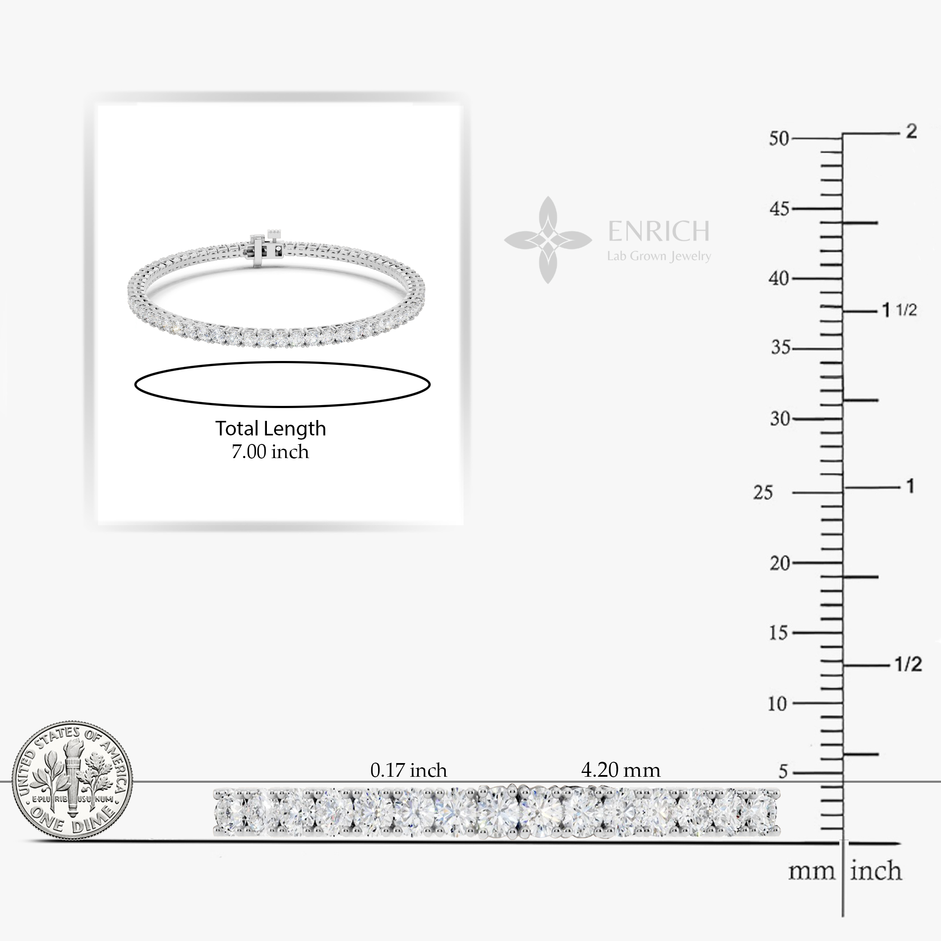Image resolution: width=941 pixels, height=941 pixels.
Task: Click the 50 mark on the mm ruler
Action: click(x=779, y=139)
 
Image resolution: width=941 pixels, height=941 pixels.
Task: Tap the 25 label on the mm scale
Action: click(x=763, y=493)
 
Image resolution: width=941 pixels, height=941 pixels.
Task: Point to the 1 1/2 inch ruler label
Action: click(x=899, y=310)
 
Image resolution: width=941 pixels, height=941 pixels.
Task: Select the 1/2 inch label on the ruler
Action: click(x=908, y=664)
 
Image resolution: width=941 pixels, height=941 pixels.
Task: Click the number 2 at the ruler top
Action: click(x=911, y=131)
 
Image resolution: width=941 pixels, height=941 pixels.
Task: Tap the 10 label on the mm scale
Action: click(x=777, y=703)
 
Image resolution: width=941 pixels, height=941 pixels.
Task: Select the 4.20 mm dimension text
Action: click(x=621, y=770)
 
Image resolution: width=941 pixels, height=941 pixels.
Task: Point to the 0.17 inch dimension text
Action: click(x=408, y=770)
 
